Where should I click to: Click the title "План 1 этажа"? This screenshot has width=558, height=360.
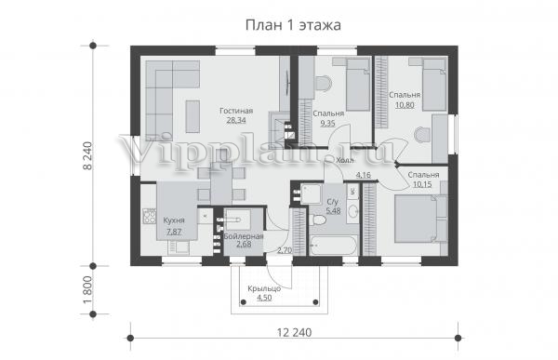tap(293, 25)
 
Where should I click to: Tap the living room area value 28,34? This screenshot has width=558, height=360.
tap(236, 120)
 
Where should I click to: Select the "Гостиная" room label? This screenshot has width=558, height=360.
tap(236, 111)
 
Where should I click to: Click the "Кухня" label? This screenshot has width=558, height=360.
tap(174, 220)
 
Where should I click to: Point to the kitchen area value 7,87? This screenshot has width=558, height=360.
tap(174, 232)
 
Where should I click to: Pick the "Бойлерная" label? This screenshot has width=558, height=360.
tap(244, 236)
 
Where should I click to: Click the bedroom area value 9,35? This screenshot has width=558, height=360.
tap(327, 124)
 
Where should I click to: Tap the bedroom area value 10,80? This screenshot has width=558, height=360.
tap(405, 105)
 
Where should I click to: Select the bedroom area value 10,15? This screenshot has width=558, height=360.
tap(422, 184)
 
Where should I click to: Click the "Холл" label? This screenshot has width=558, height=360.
tap(345, 161)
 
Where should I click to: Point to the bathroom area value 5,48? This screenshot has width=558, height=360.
tap(333, 211)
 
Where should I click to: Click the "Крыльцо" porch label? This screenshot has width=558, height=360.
tap(264, 288)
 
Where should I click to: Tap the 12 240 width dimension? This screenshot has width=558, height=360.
tap(294, 332)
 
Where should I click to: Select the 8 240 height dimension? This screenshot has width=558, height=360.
tap(87, 155)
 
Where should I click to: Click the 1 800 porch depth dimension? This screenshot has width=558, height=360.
tap(87, 290)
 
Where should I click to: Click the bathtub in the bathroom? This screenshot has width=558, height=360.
tap(334, 246)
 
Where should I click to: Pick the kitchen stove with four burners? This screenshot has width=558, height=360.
tap(149, 216)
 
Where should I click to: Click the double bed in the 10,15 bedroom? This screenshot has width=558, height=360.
tap(420, 219)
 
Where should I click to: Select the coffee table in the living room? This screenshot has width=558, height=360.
tap(193, 116)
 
